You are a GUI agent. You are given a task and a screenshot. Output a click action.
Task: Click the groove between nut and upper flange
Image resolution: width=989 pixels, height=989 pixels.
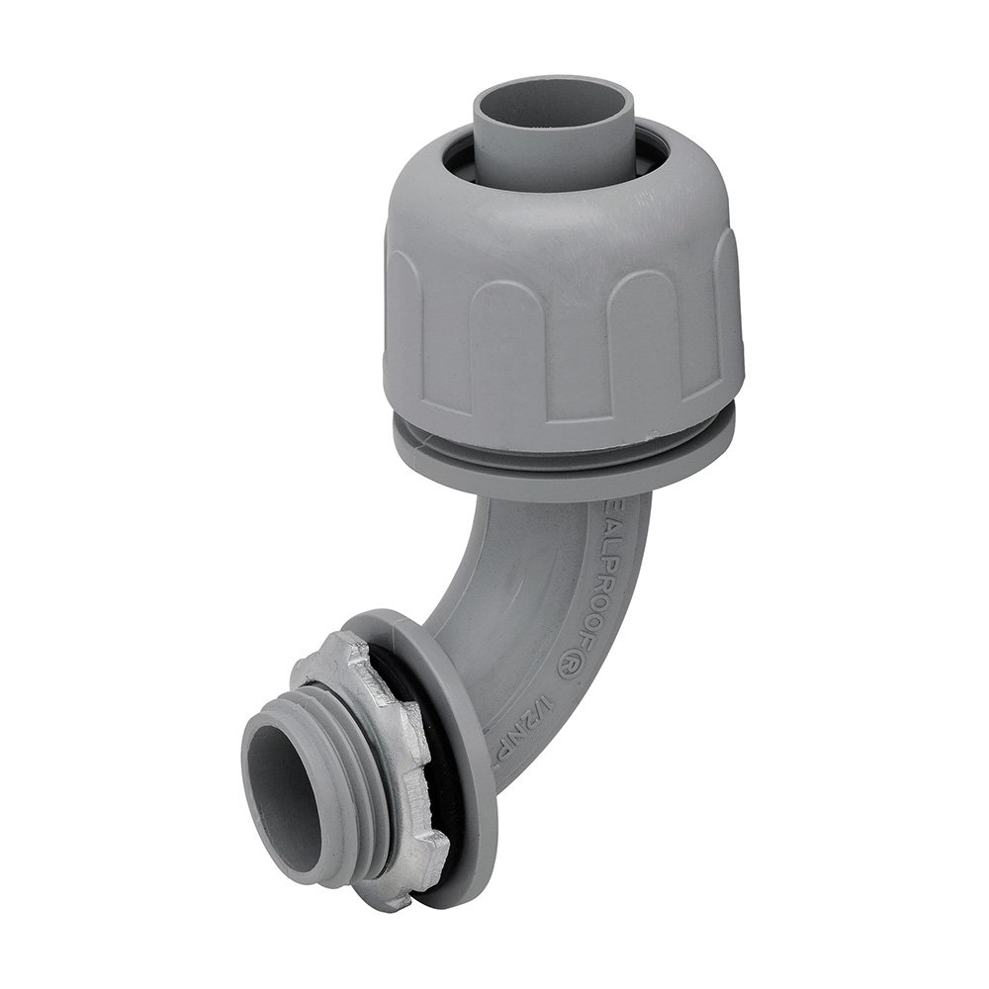(564, 433)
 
